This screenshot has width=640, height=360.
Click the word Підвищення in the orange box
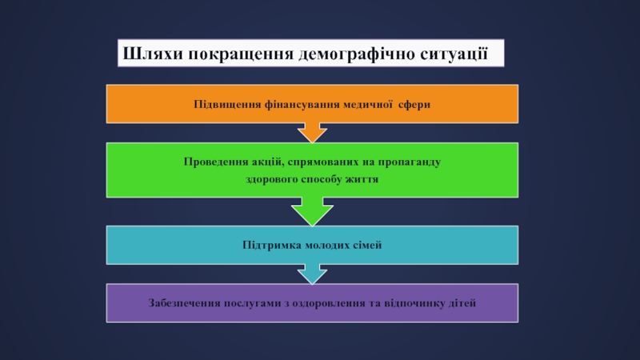pos(224,104)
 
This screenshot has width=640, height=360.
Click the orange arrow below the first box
pos(312,130)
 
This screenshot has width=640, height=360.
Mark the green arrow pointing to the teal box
pos(312,212)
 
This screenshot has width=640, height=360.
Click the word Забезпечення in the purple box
pos(185,304)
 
